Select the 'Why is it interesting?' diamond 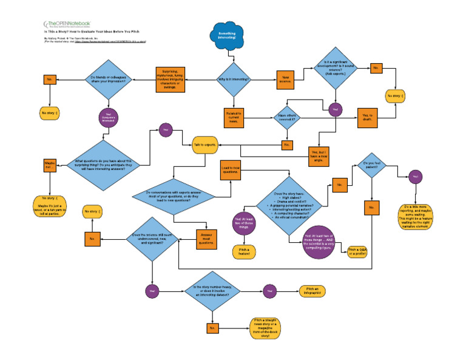click(x=233, y=78)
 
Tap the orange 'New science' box click(x=286, y=79)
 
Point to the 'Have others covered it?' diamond click(x=286, y=117)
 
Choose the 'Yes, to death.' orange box click(x=368, y=117)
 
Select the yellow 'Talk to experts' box click(x=204, y=145)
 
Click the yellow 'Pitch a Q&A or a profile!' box click(x=359, y=251)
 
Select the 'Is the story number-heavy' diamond click(x=212, y=291)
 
